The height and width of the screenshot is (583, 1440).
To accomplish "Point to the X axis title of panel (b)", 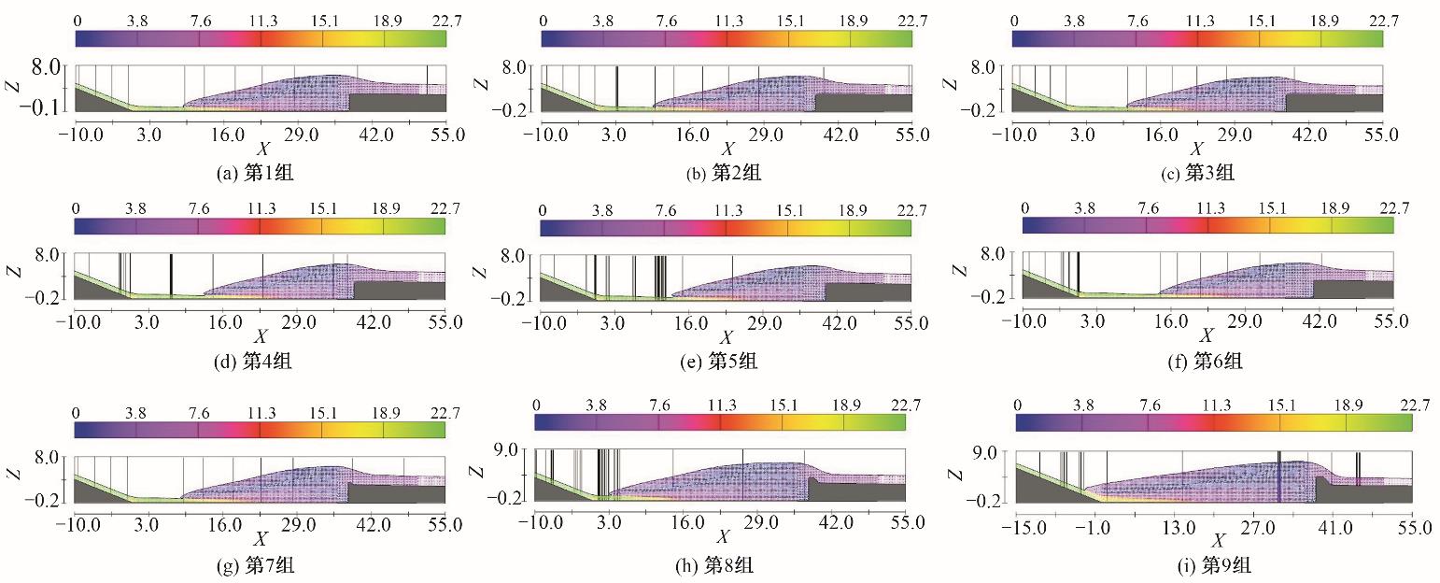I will [x=727, y=149].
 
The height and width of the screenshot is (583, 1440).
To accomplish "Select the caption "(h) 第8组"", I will [x=722, y=564].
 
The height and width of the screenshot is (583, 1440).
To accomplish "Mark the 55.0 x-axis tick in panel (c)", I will [x=1381, y=135].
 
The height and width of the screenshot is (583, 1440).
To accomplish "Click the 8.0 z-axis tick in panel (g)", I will [x=46, y=458].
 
